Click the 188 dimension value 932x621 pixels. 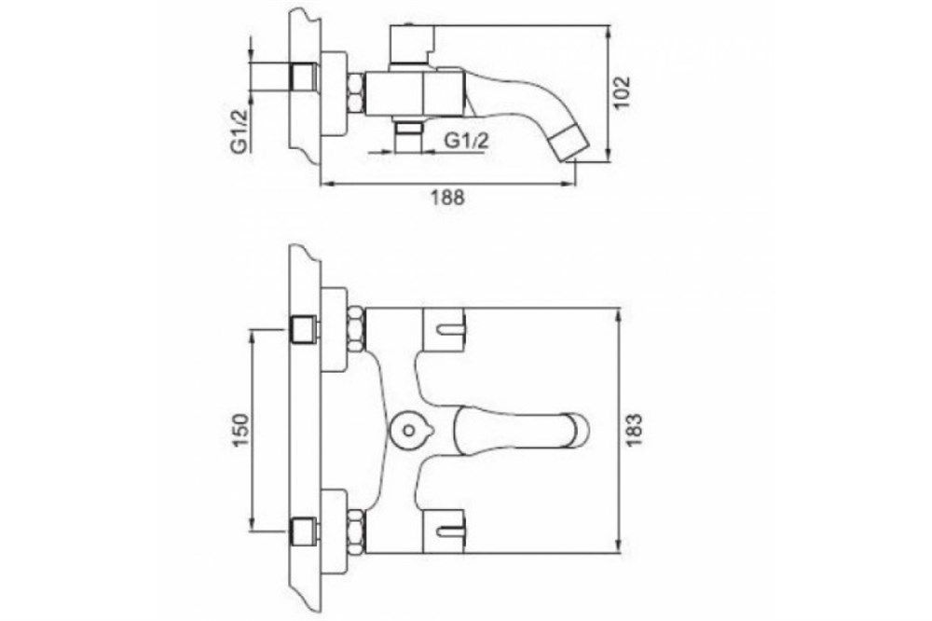tap(448, 198)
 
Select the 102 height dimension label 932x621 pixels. tap(622, 92)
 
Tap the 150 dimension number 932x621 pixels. tap(240, 430)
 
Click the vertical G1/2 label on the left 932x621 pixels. tap(240, 131)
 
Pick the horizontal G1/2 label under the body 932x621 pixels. tap(467, 141)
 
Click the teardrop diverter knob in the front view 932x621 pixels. tap(408, 429)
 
